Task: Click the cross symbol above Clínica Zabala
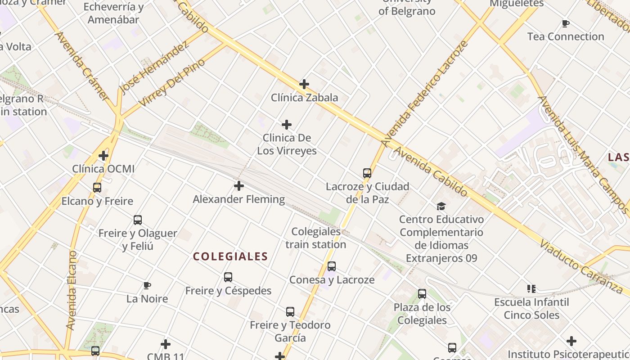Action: click(x=304, y=84)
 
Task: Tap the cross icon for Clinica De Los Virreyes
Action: click(x=287, y=125)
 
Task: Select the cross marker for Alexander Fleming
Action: click(x=239, y=186)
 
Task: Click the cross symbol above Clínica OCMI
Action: click(x=103, y=156)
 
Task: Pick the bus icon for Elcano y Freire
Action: click(x=97, y=188)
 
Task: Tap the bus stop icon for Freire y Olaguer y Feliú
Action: click(x=138, y=220)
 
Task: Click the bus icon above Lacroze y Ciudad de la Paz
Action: click(x=367, y=173)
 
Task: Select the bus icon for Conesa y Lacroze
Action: click(x=332, y=266)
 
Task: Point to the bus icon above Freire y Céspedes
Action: click(x=228, y=277)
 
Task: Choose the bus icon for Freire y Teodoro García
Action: click(x=290, y=312)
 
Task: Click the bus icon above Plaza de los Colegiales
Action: click(x=422, y=294)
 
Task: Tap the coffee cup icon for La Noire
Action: click(x=147, y=285)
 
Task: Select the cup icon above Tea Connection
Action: click(x=566, y=23)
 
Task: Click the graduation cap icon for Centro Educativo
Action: click(x=441, y=206)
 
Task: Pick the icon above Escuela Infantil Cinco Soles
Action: click(x=531, y=288)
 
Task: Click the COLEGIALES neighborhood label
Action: click(x=230, y=256)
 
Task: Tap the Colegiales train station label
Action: click(x=316, y=238)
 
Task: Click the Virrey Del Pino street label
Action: click(x=172, y=82)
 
